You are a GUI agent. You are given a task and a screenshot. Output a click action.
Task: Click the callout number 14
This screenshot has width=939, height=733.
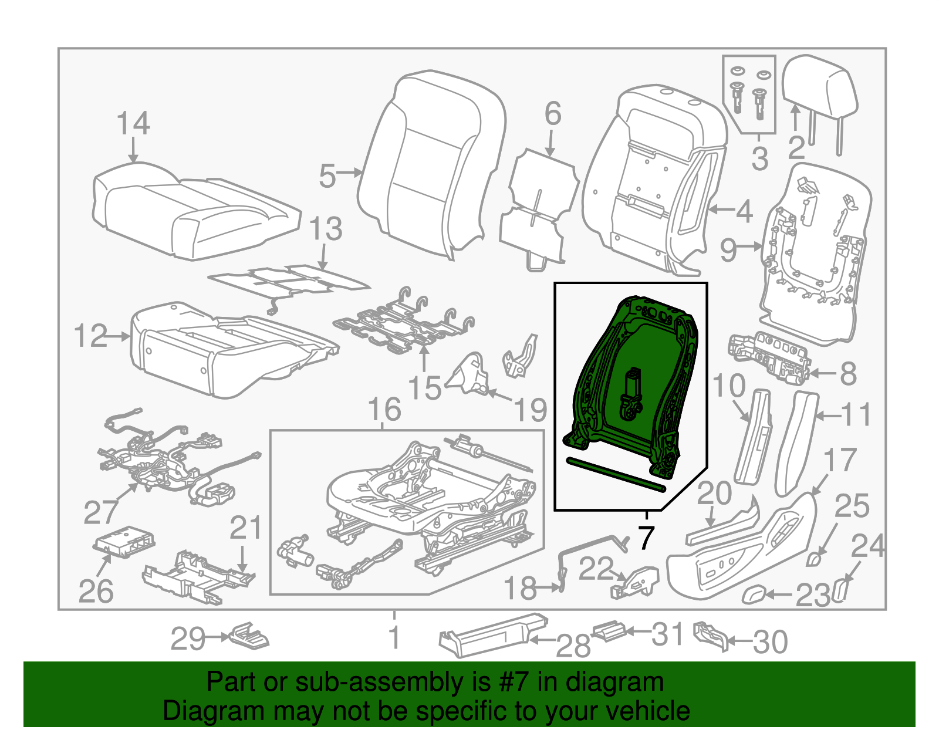(x=133, y=123)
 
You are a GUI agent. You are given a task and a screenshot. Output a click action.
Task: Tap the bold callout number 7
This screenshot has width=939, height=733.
(x=646, y=538)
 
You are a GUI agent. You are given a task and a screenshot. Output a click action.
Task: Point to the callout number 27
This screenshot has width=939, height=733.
(x=101, y=512)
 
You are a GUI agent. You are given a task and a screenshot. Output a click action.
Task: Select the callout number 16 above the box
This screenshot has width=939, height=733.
(x=384, y=410)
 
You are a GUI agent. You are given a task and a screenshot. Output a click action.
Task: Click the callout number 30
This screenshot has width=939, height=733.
(x=770, y=642)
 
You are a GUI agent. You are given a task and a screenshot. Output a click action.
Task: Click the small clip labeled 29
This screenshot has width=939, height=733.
(x=249, y=636)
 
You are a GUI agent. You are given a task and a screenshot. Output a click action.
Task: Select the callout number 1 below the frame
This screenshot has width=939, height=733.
(x=395, y=637)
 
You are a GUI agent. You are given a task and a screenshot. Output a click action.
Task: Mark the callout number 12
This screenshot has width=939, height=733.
(x=91, y=336)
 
